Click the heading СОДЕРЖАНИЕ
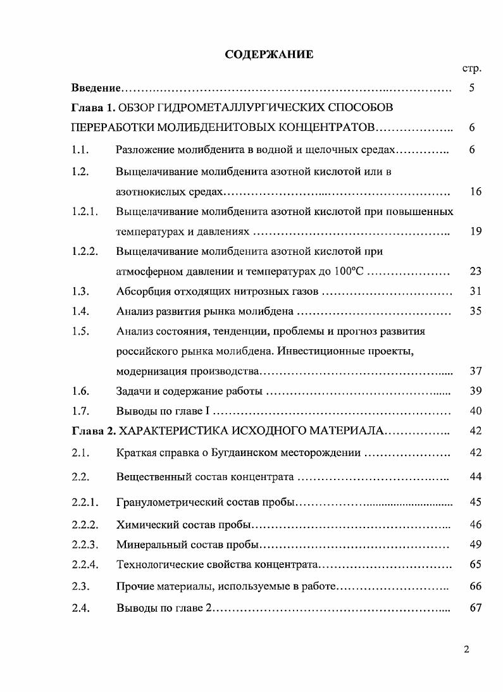(x=269, y=54)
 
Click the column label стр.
(x=472, y=68)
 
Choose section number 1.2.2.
(x=85, y=251)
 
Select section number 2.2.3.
(x=85, y=545)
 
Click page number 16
(x=476, y=192)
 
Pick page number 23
(x=476, y=271)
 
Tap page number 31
(x=476, y=292)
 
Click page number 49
(x=476, y=545)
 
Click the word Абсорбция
(x=145, y=292)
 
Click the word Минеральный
(x=149, y=545)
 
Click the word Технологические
(x=158, y=564)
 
